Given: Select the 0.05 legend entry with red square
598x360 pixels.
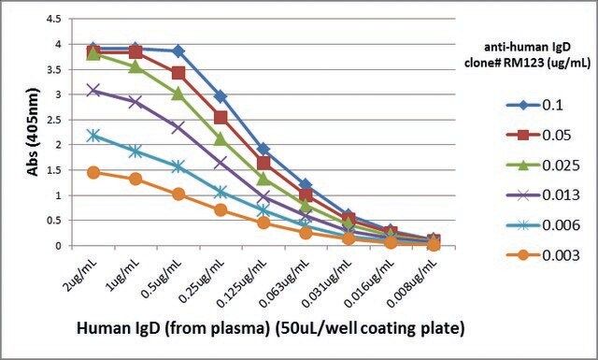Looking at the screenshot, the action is pyautogui.click(x=539, y=136).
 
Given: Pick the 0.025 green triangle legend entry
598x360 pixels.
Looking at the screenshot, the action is pyautogui.click(x=543, y=166).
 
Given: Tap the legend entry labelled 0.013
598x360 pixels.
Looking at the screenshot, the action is pyautogui.click(x=543, y=195).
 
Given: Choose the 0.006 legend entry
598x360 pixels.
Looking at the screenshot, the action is pyautogui.click(x=543, y=224).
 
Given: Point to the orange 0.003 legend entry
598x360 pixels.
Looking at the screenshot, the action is pyautogui.click(x=543, y=255).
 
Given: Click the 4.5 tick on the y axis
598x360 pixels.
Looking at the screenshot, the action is pyautogui.click(x=53, y=19).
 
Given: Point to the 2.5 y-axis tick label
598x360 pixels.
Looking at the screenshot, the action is pyautogui.click(x=53, y=120).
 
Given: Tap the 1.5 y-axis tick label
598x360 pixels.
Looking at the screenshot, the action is pyautogui.click(x=53, y=170).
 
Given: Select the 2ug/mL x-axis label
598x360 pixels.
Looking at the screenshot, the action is pyautogui.click(x=80, y=273).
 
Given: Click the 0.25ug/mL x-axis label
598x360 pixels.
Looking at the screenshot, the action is pyautogui.click(x=201, y=280).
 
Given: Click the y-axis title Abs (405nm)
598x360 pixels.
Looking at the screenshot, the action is pyautogui.click(x=34, y=132).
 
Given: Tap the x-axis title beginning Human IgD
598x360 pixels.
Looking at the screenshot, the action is pyautogui.click(x=271, y=328).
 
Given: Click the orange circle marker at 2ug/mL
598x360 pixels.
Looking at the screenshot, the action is pyautogui.click(x=93, y=173).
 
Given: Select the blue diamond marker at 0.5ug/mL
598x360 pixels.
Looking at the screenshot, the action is pyautogui.click(x=178, y=50).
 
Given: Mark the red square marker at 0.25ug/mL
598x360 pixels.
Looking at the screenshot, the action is pyautogui.click(x=221, y=117).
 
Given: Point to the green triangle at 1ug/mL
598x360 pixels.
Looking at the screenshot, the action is pyautogui.click(x=135, y=67).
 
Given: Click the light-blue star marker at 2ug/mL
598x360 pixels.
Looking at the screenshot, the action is pyautogui.click(x=93, y=136).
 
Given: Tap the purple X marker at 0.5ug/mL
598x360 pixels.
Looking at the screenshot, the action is pyautogui.click(x=178, y=127).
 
